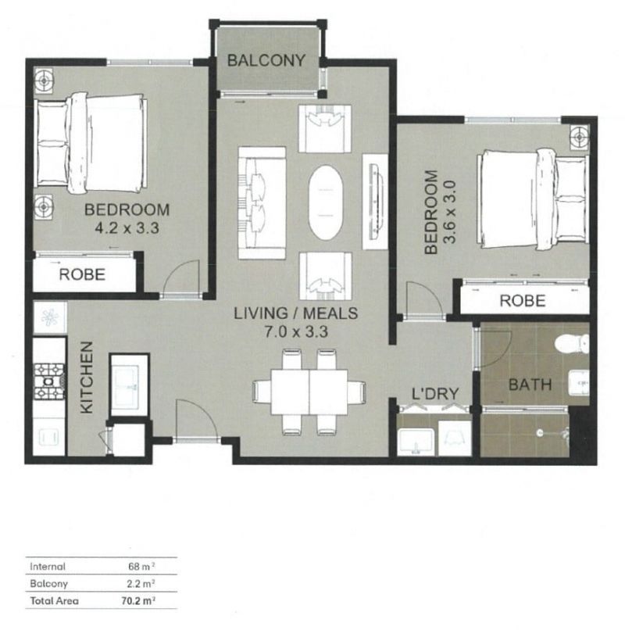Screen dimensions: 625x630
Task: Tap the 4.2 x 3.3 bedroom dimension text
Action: pos(127,228)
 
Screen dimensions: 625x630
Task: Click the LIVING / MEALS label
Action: pos(296,314)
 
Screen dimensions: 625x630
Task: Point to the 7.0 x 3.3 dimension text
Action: pos(296,331)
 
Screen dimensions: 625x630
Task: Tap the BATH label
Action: pos(530,385)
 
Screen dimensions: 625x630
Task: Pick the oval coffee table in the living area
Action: pos(326,203)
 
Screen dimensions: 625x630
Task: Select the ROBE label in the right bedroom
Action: pos(521,300)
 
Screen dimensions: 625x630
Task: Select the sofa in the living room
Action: pos(261,202)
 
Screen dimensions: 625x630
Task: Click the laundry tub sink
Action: pos(416,442)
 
